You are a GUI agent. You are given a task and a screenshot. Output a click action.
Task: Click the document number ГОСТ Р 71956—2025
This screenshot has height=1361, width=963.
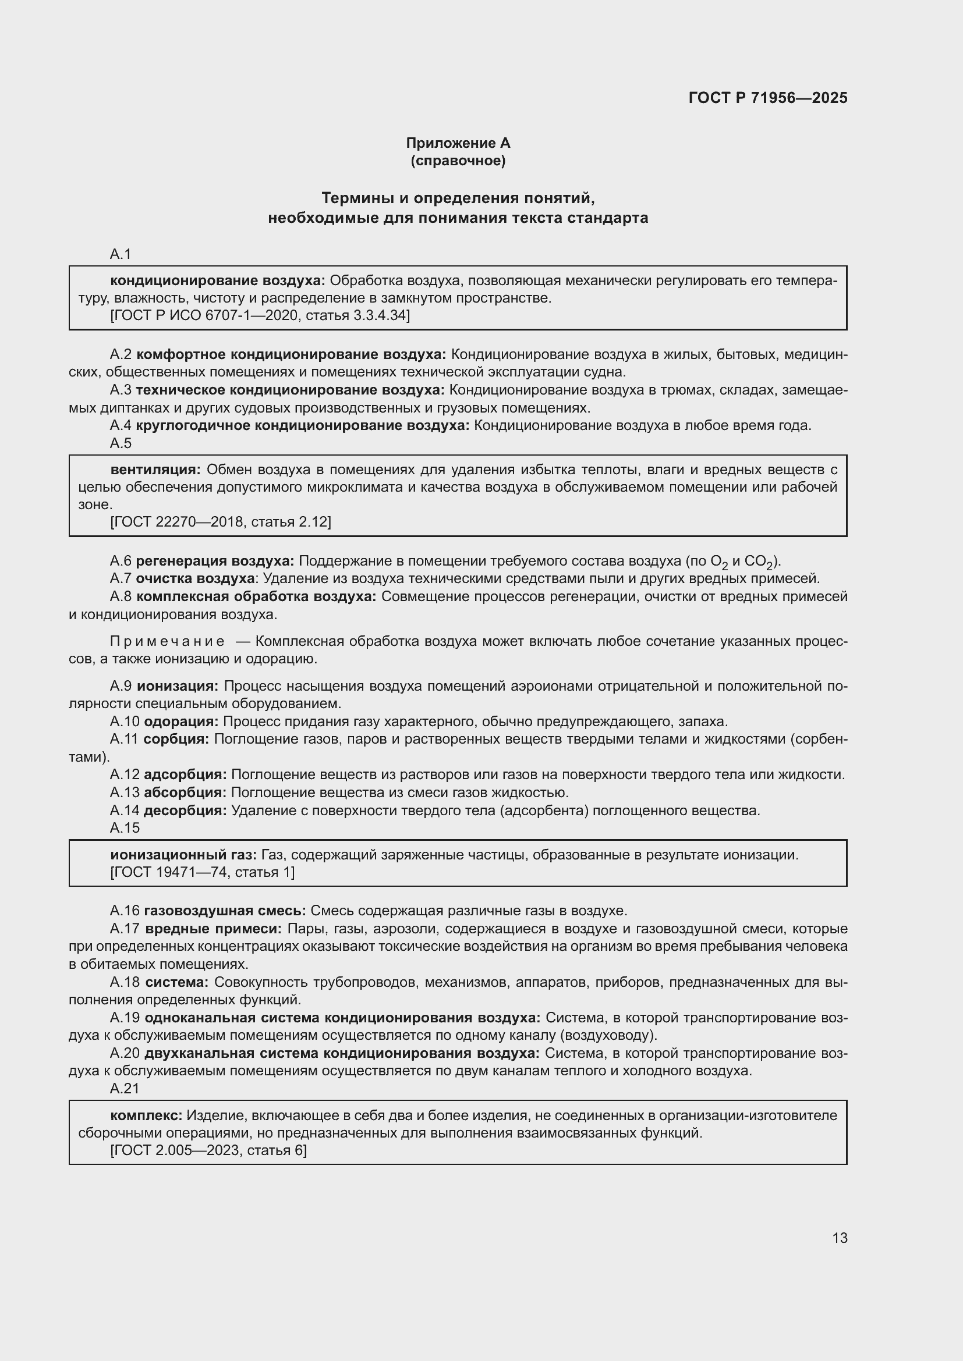tap(767, 98)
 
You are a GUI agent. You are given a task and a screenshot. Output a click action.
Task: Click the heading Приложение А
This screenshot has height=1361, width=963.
tap(458, 143)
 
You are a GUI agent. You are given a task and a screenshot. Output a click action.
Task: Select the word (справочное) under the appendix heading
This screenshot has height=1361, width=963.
tap(458, 161)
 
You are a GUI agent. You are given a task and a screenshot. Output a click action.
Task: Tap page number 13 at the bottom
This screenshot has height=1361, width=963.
tap(840, 1238)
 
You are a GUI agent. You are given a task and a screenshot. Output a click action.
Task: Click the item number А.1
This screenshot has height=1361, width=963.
tap(121, 254)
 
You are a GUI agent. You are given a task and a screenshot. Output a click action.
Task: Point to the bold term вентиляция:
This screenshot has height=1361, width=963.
tap(156, 470)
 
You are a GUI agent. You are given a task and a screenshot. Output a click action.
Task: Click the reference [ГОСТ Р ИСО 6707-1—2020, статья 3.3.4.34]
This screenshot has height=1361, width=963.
tap(260, 315)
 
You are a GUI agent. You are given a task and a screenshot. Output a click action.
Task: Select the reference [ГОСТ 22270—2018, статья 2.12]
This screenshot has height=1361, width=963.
tap(221, 522)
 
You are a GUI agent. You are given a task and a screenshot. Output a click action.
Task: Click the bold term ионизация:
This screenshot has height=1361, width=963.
tap(178, 687)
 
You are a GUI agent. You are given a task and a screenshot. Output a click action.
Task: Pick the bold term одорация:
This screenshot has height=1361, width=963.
tap(181, 722)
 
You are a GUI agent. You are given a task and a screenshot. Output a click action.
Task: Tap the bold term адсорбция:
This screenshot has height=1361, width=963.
tap(185, 774)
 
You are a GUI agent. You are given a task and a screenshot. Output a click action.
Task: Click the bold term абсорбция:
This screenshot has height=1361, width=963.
tap(185, 793)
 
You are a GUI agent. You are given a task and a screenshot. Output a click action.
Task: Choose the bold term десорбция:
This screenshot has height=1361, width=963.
tap(185, 811)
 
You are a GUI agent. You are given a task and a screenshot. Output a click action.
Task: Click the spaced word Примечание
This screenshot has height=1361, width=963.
tap(167, 641)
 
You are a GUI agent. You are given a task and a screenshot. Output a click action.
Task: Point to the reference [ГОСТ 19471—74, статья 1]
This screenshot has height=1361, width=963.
tap(202, 873)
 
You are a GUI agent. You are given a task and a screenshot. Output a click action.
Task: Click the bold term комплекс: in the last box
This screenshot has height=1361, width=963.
tap(147, 1115)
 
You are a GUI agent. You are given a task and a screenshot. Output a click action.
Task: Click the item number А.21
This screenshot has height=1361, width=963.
tap(125, 1089)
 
